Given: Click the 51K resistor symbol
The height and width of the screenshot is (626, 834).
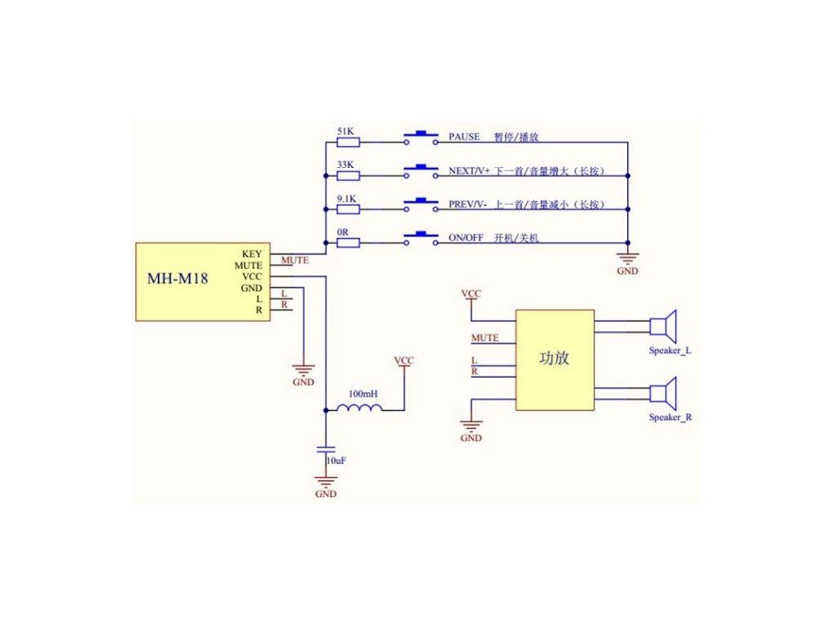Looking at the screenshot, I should (x=348, y=142).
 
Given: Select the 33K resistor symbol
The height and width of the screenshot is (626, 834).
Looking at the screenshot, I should (x=348, y=174).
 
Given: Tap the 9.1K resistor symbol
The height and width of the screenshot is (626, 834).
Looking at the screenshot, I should (x=348, y=207).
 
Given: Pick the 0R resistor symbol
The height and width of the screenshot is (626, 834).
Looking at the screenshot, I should (x=348, y=241).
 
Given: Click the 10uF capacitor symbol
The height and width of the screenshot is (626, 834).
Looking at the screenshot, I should (x=326, y=449).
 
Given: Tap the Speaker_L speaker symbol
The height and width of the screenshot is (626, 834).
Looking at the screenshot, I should (x=664, y=327).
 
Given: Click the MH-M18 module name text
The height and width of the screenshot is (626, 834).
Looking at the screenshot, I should (x=178, y=279).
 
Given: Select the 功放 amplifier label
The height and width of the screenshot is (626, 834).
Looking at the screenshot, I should (x=555, y=358).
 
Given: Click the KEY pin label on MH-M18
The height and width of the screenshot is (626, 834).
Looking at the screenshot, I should (x=252, y=254).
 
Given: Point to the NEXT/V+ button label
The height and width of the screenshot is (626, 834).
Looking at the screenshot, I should (x=469, y=171).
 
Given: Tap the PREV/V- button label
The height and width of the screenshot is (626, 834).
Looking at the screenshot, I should (x=467, y=205).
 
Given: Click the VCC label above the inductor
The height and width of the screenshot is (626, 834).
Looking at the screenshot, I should (x=404, y=360).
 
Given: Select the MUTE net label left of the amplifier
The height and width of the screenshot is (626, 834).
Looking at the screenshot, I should (x=485, y=337).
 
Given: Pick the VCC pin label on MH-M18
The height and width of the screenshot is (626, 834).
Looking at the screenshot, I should (x=252, y=276).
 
